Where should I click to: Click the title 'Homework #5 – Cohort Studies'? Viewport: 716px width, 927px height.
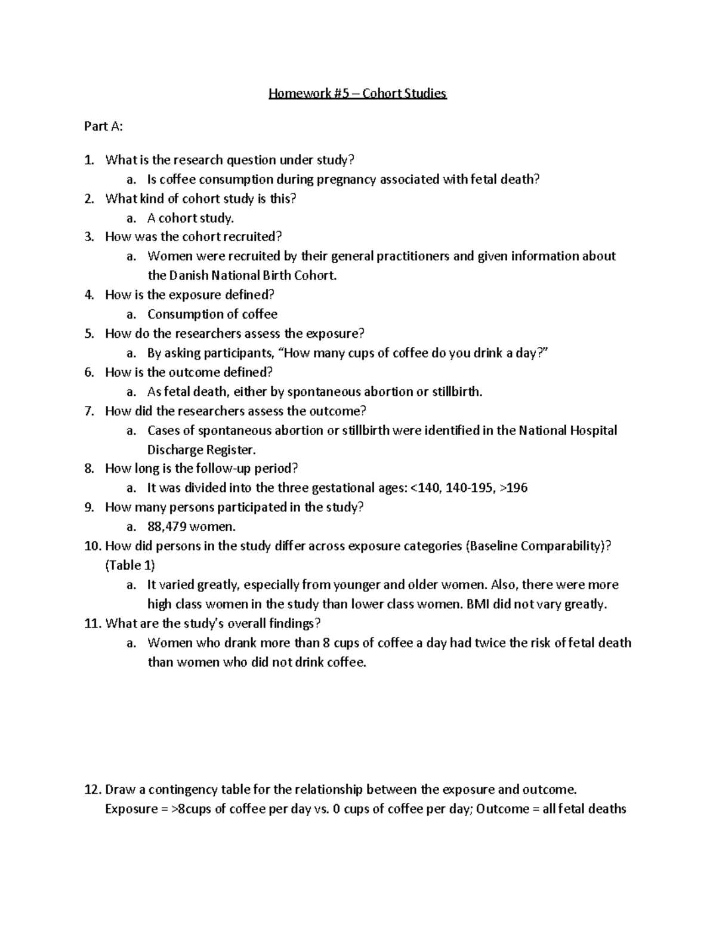(357, 94)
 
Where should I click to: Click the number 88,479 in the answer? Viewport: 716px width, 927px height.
(167, 527)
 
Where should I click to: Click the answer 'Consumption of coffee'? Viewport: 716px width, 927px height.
(212, 315)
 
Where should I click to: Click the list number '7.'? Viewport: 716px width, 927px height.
(89, 411)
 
